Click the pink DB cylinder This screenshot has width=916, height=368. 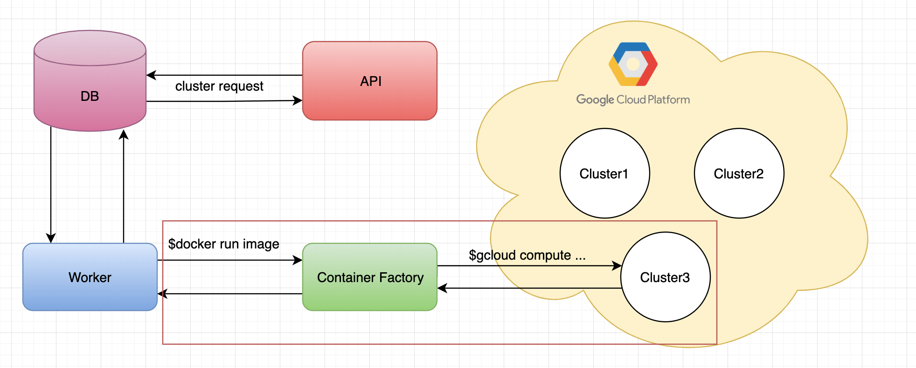click(90, 81)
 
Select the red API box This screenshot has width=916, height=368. click(370, 81)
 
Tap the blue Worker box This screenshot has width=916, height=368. click(90, 277)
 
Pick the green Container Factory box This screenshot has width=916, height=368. click(370, 277)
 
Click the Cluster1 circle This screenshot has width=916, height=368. click(605, 173)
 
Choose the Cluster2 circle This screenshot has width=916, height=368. click(739, 173)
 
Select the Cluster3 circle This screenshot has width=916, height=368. click(666, 277)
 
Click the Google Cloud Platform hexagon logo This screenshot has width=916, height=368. click(633, 64)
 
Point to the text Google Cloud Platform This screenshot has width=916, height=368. click(633, 99)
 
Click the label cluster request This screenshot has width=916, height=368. click(219, 86)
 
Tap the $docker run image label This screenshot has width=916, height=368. click(224, 244)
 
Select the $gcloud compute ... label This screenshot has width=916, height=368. click(527, 255)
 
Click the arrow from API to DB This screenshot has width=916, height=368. click(224, 75)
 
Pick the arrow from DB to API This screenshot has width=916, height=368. click(224, 101)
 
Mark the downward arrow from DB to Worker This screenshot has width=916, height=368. click(51, 185)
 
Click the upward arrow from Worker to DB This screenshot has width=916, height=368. click(124, 186)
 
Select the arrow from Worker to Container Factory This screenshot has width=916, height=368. click(230, 260)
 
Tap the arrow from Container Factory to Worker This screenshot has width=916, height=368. click(230, 294)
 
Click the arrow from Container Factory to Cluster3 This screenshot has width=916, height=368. click(529, 266)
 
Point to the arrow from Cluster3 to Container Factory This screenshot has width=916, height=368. click(529, 288)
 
